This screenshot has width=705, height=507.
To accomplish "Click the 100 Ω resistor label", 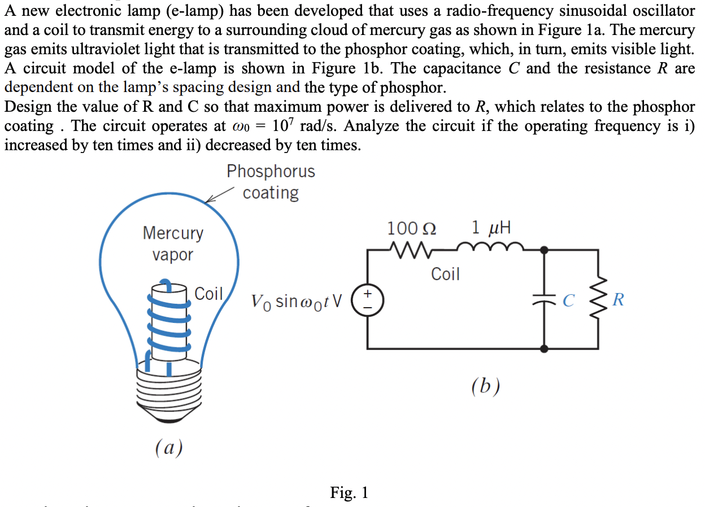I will coord(411,229).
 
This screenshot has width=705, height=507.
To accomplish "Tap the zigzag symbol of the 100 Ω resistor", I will coord(411,248).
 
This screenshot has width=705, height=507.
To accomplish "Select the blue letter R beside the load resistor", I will coord(619,300).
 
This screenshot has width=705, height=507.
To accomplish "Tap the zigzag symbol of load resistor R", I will coord(598,299).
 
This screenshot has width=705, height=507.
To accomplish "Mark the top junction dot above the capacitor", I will coord(543,249).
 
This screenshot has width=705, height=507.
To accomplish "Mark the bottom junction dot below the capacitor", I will coord(543,349).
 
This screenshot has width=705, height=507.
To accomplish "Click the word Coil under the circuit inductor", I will coord(445,274).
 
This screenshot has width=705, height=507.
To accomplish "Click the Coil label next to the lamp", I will coord(208,294).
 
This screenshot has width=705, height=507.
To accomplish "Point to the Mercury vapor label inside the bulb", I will coord(173,243).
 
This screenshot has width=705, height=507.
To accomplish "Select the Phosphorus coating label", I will coord(271,182).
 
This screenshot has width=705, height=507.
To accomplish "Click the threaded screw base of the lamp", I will coord(168,390).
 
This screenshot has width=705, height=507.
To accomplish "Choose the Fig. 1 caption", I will coord(349,493).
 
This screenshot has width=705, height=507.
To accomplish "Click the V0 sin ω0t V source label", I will coord(297,301).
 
